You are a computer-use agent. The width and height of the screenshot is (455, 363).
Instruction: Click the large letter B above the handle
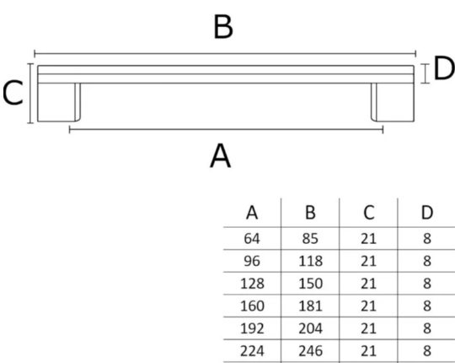(x=222, y=27)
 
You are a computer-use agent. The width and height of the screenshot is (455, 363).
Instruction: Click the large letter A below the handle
(x=220, y=156)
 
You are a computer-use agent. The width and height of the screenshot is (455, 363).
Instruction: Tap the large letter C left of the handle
(x=13, y=93)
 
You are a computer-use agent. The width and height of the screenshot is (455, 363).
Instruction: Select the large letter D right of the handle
(x=444, y=68)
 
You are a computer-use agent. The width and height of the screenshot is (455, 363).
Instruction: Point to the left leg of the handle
(x=59, y=102)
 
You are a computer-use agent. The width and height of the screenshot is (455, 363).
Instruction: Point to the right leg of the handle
(x=393, y=102)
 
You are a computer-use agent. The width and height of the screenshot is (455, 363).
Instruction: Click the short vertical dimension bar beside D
(x=425, y=73)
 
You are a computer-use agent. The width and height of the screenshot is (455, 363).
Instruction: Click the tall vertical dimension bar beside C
(x=30, y=94)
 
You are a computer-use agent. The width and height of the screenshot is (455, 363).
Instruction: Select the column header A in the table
(x=252, y=213)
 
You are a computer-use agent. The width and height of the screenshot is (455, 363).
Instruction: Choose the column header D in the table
(x=427, y=213)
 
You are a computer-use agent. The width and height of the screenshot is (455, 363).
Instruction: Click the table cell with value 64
(x=252, y=239)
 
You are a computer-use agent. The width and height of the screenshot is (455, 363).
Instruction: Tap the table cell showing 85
(x=310, y=239)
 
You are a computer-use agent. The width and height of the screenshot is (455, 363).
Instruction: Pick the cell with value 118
(x=310, y=261)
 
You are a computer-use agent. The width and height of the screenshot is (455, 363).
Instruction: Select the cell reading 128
(x=252, y=284)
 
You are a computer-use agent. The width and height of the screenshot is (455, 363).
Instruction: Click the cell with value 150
(x=310, y=284)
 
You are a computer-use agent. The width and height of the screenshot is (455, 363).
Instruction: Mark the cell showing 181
(x=310, y=306)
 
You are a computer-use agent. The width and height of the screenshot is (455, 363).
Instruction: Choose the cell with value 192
(x=252, y=328)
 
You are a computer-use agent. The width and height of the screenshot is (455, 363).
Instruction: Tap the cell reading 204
(x=310, y=328)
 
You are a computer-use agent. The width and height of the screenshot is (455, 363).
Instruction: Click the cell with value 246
(x=310, y=351)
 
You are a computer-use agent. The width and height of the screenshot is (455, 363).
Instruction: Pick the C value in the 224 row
(x=368, y=351)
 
